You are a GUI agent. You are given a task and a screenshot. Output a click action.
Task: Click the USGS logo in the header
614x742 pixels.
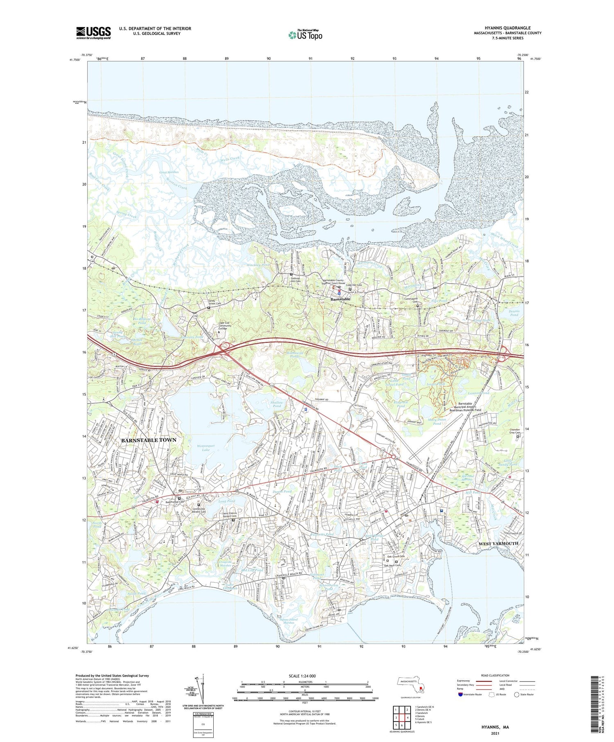pos(93,33)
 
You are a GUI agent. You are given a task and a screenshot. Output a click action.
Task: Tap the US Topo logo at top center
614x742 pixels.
pos(305,35)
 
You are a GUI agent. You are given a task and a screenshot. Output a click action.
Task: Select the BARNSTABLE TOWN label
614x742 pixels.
pos(149,440)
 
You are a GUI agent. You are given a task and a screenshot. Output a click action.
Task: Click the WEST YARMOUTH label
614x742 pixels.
pos(498,543)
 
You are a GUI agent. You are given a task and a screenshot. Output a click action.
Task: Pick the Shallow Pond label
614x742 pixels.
pos(277,404)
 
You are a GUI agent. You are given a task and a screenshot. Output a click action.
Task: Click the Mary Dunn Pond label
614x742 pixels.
pos(437,422)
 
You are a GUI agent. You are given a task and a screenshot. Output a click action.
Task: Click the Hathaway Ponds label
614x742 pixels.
pos(295,354)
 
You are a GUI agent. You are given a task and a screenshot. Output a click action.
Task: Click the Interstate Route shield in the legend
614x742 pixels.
pos(460,695)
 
